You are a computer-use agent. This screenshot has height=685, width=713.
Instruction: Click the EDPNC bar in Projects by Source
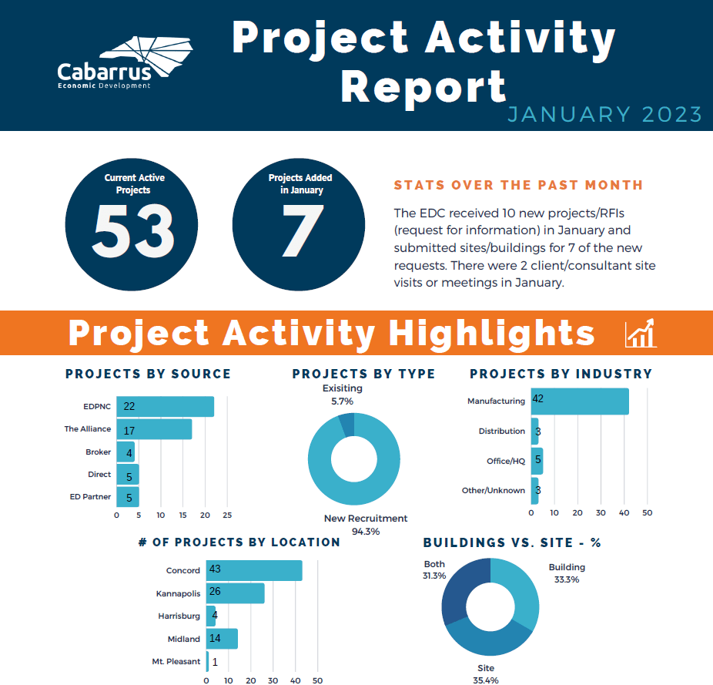(165, 406)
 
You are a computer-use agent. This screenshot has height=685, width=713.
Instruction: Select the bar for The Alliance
(154, 429)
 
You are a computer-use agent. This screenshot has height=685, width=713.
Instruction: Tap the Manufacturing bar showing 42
(580, 401)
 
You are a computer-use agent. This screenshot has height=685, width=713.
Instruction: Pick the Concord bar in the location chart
(254, 570)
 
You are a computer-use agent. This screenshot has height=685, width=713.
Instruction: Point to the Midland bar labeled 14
(222, 639)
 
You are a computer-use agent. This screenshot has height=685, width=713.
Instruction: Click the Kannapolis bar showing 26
(235, 593)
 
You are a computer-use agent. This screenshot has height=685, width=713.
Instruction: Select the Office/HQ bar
(537, 461)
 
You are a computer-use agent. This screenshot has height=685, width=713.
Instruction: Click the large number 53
(134, 230)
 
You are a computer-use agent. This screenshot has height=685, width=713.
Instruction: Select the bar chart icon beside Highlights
(641, 333)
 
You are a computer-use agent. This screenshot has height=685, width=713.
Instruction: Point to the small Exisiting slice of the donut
(346, 424)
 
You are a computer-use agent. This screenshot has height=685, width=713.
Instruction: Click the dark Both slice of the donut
(459, 597)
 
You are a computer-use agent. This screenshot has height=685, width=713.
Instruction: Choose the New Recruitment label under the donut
(366, 519)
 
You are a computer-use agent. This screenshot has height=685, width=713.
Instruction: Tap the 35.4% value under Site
(485, 680)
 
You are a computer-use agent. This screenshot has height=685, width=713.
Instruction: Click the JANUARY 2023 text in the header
(604, 115)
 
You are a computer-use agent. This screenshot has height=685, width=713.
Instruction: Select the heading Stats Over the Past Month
(518, 186)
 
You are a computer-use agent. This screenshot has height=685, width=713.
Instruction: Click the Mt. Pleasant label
(176, 661)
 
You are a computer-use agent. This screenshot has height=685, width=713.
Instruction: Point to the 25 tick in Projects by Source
(227, 514)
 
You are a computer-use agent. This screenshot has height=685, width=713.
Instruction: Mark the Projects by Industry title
(561, 374)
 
